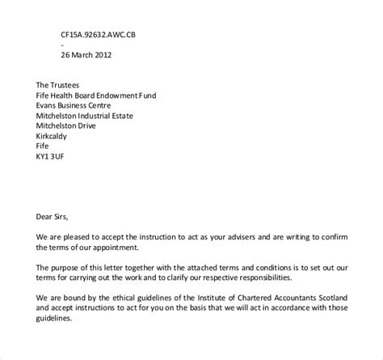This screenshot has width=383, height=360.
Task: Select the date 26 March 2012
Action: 86,56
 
